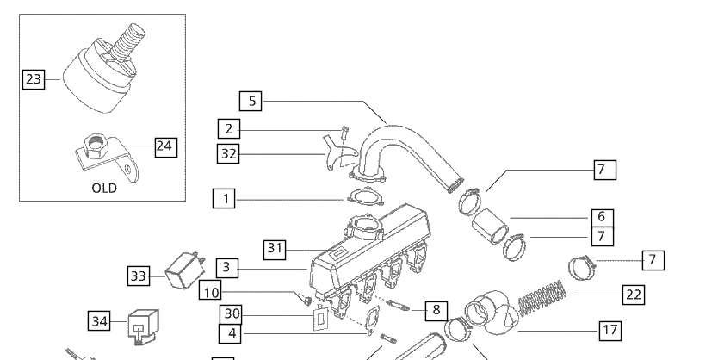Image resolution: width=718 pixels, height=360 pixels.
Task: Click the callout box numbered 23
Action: point(34,79)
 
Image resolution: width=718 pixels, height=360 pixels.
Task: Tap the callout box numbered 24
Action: point(166,146)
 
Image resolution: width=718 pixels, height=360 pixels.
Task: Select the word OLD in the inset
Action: point(104,189)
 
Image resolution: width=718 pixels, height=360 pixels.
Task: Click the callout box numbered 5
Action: point(251,102)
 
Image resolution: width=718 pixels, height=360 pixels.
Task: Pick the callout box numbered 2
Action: point(229,128)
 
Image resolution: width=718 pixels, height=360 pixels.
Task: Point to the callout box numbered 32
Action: point(228,153)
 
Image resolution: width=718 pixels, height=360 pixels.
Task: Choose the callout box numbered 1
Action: point(224,199)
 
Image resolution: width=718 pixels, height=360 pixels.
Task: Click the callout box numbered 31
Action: point(275,249)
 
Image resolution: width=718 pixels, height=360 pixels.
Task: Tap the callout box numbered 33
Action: point(139,276)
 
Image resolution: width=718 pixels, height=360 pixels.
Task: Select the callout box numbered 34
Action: point(99,321)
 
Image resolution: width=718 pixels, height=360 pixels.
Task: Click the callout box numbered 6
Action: point(602,218)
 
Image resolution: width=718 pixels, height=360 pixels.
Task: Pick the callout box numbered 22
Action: point(634,295)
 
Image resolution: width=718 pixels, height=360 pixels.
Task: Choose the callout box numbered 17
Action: point(610,331)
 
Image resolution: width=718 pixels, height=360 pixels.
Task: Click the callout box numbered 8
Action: point(436,311)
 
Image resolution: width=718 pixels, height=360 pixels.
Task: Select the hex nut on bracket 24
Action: point(96,146)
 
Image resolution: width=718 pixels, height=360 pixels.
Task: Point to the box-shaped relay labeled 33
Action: point(184,270)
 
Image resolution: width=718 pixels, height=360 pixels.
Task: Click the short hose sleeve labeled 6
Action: point(490,227)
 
